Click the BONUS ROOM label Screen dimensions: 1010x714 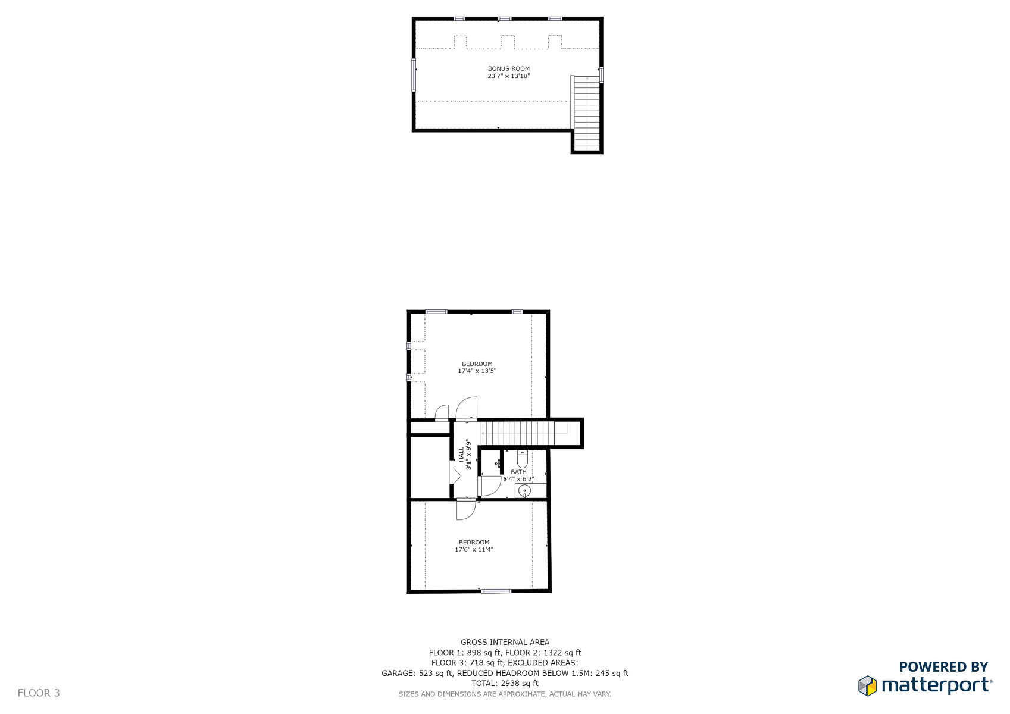click(x=509, y=68)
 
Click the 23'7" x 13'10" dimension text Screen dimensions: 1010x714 click(x=509, y=76)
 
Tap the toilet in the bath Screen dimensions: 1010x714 click(x=522, y=459)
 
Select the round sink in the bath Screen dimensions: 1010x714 click(x=524, y=491)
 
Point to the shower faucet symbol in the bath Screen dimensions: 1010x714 click(x=498, y=463)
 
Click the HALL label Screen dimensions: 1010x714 click(x=461, y=455)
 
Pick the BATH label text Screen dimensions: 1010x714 click(x=518, y=472)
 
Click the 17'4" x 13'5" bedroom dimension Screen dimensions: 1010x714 click(x=477, y=371)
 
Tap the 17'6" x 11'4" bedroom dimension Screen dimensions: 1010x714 click(x=474, y=549)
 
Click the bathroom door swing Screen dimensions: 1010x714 click(x=490, y=486)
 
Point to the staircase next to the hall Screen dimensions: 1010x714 click(x=524, y=433)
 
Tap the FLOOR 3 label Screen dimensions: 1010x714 click(x=38, y=693)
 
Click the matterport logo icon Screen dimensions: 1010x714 click(x=868, y=685)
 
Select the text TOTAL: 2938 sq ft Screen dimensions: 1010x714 click(x=505, y=683)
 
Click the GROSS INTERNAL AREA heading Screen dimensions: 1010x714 click(x=505, y=642)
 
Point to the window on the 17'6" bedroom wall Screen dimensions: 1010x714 click(x=496, y=591)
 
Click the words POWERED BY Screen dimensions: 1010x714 click(x=944, y=666)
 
